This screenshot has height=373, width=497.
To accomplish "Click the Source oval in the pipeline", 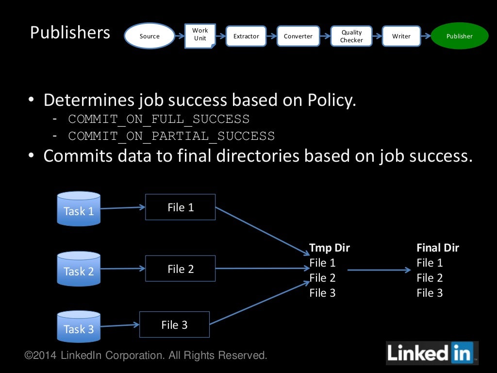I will click(x=149, y=36).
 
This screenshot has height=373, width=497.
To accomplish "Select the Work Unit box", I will click(x=200, y=35).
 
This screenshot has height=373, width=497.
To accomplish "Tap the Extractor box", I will click(x=246, y=36).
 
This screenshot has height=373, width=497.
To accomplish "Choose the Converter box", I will click(x=298, y=36).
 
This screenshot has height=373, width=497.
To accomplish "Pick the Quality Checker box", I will click(x=351, y=36).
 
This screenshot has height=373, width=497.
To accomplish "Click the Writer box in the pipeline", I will click(x=401, y=36).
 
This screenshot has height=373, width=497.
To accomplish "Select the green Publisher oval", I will click(x=459, y=36).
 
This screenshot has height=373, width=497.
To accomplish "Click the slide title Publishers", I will click(x=70, y=33).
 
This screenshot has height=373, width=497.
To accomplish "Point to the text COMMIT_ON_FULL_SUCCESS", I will click(x=159, y=119).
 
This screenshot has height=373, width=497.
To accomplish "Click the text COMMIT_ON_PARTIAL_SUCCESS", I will click(x=171, y=136).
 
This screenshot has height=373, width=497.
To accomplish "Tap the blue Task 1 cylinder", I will click(x=79, y=209).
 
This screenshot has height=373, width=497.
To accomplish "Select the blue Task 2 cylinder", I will click(x=79, y=269).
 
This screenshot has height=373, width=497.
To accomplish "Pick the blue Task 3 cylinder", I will click(x=79, y=327).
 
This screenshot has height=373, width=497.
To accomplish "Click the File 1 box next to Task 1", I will click(x=181, y=207).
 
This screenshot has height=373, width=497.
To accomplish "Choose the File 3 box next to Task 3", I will click(x=174, y=324).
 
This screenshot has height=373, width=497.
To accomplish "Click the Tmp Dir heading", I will click(x=330, y=248).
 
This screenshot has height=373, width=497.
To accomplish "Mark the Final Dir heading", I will click(x=438, y=248).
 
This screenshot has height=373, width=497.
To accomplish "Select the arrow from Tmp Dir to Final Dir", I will click(x=379, y=270).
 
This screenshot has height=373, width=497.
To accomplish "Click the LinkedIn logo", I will click(x=431, y=353).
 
